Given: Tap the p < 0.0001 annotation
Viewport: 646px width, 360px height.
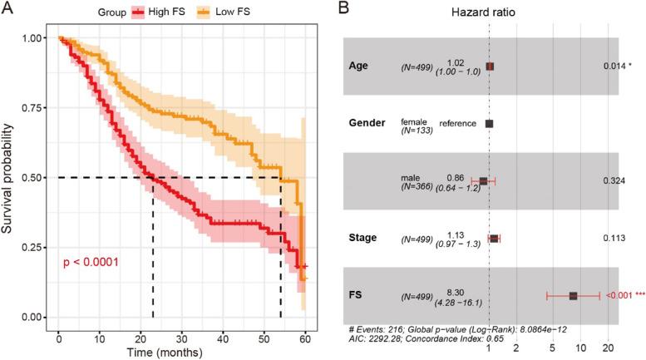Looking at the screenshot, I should click(x=92, y=264).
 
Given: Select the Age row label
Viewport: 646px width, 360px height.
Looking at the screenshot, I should click(x=357, y=67).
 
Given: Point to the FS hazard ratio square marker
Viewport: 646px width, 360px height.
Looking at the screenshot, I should click(x=573, y=296).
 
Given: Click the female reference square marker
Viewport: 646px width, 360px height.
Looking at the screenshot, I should click(x=489, y=124).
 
